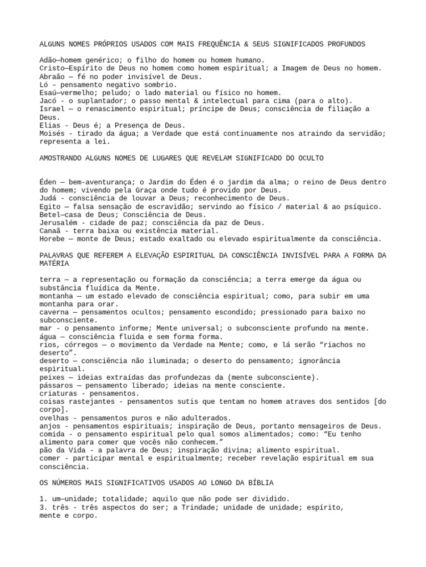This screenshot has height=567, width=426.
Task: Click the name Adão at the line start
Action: tap(48, 60)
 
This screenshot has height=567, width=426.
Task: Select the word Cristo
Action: tap(52, 68)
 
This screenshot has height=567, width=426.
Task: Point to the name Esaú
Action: tap(48, 93)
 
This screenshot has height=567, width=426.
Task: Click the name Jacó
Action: tap(48, 101)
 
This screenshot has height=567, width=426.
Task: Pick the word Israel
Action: tap(52, 109)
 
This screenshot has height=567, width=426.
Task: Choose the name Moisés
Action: tap(52, 133)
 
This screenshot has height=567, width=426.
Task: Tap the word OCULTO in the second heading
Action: tap(310, 158)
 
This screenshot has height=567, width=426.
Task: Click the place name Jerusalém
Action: tap(58, 223)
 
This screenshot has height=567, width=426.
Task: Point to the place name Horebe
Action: tap(52, 239)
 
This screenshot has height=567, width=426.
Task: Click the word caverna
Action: tap(54, 312)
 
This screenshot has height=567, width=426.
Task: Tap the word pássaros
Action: tap(56, 385)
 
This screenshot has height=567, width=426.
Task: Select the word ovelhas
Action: tap(54, 417)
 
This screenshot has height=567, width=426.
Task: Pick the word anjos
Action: tap(50, 426)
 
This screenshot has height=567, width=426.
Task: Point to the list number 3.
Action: tap(42, 507)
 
